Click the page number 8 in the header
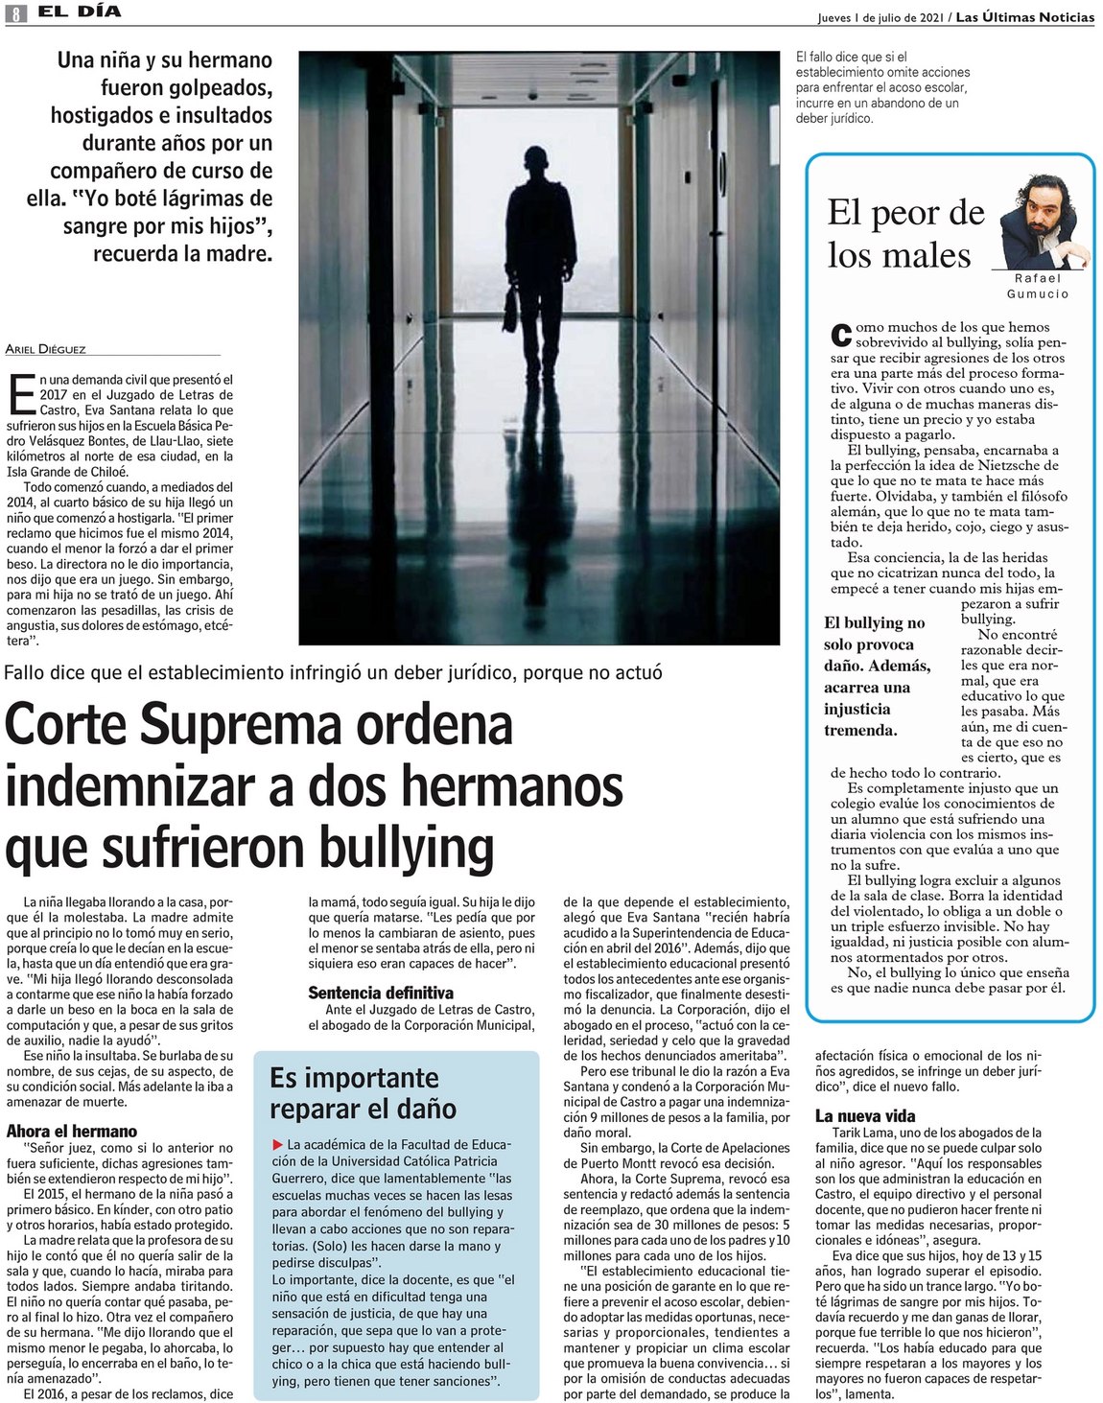pos(16,14)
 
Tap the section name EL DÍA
pos(80,12)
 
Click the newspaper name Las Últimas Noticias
pos(1023,17)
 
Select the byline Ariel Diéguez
pos(45,349)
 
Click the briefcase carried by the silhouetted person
pos(510,309)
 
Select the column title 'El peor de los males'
pos(904,234)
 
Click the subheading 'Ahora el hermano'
pos(72,1131)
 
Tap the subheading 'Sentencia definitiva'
pos(381,993)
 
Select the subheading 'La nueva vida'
pos(865,1115)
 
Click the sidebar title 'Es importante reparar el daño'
pos(363,1093)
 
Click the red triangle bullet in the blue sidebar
pos(278,1144)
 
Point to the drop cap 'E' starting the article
pos(21,394)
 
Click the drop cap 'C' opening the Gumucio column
pos(840,335)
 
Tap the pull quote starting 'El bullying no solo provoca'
pos(877,676)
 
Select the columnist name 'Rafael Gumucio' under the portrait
pos(1038,286)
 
